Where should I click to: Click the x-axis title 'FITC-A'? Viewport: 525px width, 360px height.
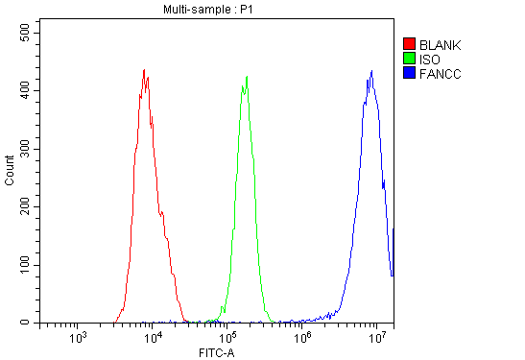[216, 353]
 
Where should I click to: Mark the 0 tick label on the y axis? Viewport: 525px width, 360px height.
[32, 324]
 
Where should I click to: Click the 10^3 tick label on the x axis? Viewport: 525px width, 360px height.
[79, 337]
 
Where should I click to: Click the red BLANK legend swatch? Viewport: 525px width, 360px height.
[410, 44]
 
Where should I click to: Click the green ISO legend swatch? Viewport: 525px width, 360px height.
[410, 59]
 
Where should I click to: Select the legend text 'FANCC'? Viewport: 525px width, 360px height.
[441, 73]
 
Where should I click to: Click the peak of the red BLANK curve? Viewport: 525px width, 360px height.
[144, 70]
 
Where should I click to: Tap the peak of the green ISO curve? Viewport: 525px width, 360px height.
[247, 76]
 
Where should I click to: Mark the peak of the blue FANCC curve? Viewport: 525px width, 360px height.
[371, 71]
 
